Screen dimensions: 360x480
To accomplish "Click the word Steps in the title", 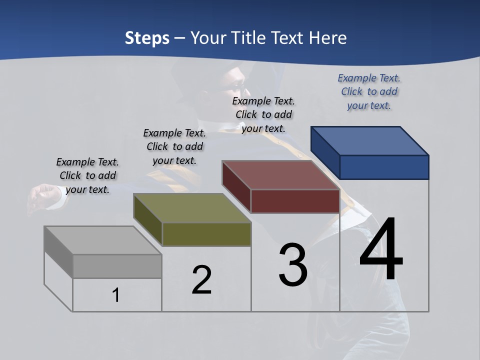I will click(146, 38).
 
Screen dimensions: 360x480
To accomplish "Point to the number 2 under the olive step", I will click(201, 280).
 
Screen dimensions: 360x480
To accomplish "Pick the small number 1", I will click(115, 295).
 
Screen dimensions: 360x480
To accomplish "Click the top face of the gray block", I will click(103, 240).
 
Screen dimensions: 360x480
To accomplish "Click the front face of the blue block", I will click(384, 167).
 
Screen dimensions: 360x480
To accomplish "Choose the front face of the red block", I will click(295, 201).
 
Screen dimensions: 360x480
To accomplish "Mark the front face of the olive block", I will click(206, 234).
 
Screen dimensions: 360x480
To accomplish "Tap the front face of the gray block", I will click(117, 266).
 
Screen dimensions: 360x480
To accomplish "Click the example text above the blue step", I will click(369, 91).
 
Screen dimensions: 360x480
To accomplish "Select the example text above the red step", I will click(263, 114).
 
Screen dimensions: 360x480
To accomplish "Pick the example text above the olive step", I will click(174, 146).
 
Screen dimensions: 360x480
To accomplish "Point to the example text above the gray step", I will click(87, 175).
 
